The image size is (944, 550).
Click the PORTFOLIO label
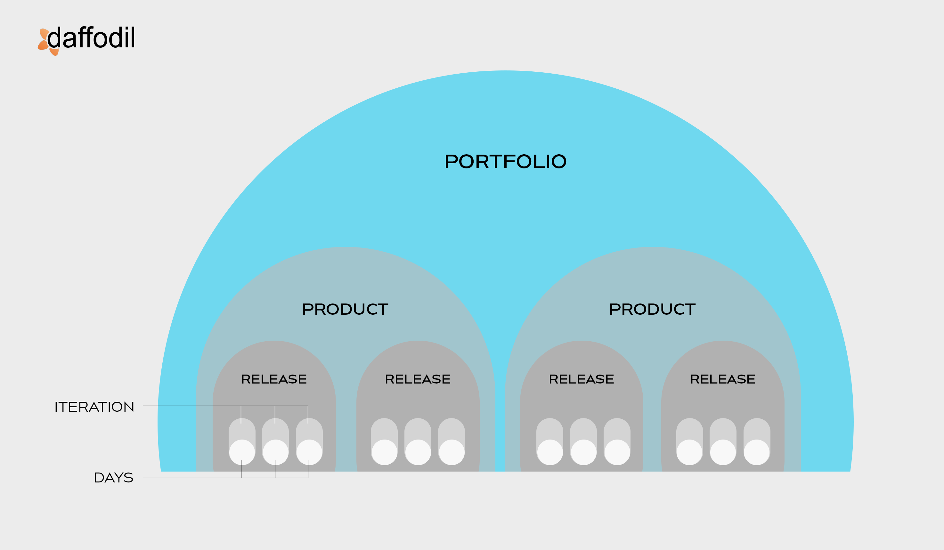(505, 161)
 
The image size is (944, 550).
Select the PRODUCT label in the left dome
(345, 309)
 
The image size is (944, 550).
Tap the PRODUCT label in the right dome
(652, 309)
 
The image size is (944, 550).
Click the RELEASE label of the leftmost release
(274, 379)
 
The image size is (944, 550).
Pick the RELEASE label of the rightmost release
(723, 379)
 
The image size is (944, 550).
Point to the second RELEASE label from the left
(418, 379)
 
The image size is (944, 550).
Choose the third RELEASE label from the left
(582, 379)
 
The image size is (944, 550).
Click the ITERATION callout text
(94, 407)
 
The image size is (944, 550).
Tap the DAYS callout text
(113, 478)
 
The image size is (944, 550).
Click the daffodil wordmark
(91, 37)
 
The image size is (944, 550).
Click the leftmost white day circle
(242, 452)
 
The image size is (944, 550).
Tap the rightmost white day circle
(757, 452)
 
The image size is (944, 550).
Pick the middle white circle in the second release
(418, 452)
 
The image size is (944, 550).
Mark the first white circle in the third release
(550, 452)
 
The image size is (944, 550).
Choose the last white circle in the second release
(452, 452)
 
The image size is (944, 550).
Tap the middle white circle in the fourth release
(723, 452)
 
